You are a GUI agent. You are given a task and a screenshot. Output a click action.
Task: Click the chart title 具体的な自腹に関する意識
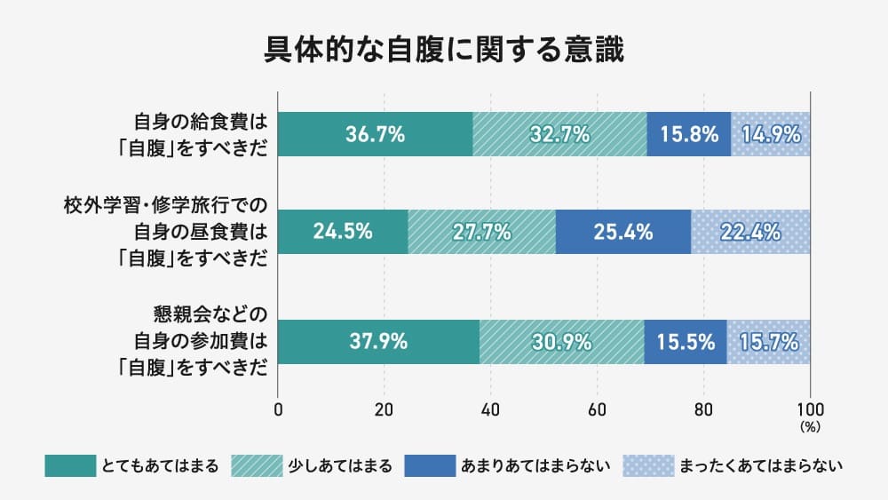point(444,50)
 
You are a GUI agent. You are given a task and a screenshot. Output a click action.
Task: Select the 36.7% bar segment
point(376,135)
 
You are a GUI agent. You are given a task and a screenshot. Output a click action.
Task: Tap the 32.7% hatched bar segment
point(559,135)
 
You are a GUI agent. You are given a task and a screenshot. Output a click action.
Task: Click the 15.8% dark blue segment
point(688,135)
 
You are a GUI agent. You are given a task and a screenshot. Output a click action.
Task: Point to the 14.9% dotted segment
point(770,135)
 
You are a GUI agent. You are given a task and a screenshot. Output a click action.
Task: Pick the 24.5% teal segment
point(343,233)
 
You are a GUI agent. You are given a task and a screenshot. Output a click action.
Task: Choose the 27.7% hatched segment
point(481,233)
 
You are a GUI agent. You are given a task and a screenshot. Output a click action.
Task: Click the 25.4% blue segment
point(622,233)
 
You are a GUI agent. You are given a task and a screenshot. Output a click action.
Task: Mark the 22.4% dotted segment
point(750,233)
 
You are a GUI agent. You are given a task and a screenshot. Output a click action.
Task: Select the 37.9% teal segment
point(379,341)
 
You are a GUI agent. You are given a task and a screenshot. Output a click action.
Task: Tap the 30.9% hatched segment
point(561,341)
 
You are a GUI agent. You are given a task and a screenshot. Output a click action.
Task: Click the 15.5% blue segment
point(685,341)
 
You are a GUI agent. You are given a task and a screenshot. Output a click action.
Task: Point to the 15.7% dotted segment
point(768,341)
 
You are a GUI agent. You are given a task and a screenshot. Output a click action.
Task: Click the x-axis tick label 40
point(491,410)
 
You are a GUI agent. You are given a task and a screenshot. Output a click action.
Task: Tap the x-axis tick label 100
point(810,410)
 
